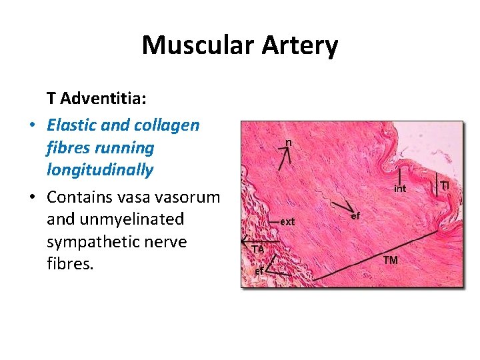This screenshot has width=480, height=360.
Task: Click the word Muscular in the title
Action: click(193, 46)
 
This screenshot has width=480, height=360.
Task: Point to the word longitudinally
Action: click(100, 170)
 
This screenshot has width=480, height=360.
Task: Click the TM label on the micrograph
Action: click(390, 260)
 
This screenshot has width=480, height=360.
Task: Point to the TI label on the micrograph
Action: click(445, 184)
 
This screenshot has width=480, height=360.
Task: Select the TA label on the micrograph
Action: click(258, 249)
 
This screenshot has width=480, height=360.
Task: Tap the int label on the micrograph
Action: click(399, 189)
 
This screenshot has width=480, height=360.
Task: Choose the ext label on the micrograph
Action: click(287, 221)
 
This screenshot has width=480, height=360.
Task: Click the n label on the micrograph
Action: click(288, 142)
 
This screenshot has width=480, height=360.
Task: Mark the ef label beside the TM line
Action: click(355, 216)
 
